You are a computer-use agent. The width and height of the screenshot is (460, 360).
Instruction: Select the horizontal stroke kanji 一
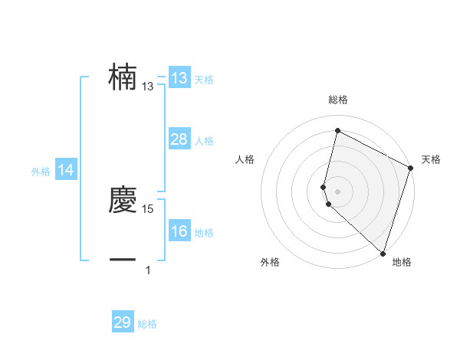(x=123, y=260)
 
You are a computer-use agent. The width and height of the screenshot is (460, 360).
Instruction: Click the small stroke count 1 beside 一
(x=148, y=270)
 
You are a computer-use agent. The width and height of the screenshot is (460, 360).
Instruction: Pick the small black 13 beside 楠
(x=148, y=87)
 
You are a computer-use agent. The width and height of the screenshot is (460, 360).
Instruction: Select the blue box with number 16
(x=179, y=231)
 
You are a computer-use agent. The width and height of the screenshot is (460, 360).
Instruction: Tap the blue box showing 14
(x=66, y=171)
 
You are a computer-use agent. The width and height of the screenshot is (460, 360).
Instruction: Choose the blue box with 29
(x=122, y=322)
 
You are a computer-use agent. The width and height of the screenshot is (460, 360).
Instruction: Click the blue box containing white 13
(x=179, y=77)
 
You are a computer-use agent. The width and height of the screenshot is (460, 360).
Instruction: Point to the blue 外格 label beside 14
(x=41, y=172)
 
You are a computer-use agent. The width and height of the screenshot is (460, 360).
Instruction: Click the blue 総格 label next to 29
(x=147, y=324)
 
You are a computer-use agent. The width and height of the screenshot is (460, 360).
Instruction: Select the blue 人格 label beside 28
(x=204, y=141)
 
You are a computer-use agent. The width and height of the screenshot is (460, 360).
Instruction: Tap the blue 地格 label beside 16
(x=204, y=233)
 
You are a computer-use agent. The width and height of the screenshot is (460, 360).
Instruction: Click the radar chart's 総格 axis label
(x=337, y=100)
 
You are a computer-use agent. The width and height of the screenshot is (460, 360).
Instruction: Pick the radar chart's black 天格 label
(x=431, y=159)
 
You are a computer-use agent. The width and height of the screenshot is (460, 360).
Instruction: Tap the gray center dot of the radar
(x=337, y=191)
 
